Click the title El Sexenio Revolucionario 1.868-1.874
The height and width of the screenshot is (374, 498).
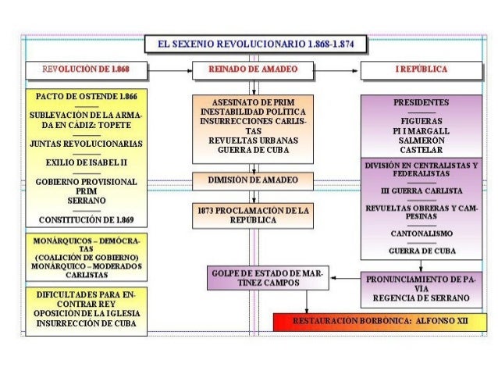255,44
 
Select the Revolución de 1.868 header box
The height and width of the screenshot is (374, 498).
86,70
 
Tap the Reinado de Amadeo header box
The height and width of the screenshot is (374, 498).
253,70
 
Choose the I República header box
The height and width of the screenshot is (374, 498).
421,70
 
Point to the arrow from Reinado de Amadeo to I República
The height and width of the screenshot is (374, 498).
336,70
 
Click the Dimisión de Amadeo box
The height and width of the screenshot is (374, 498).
253,180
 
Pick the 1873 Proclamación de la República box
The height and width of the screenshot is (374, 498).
253,215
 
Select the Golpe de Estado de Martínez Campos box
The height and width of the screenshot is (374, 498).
267,277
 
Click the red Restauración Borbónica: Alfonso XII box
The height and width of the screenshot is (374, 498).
379,322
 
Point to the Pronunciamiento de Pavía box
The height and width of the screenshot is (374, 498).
421,288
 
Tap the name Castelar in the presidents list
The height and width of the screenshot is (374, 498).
421,149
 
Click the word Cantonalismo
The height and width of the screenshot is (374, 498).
421,233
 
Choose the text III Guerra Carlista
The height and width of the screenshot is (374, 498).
421,191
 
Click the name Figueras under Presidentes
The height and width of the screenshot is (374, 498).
421,121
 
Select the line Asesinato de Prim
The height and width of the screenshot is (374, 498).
253,102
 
